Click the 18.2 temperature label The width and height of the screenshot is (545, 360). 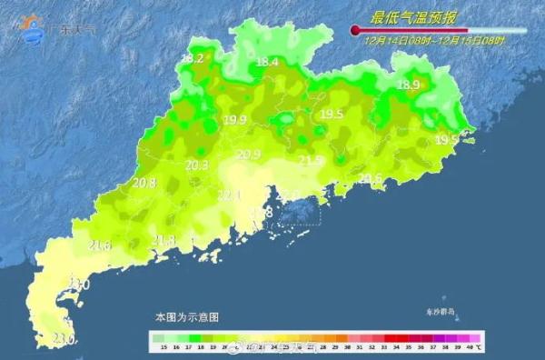tap(193, 59)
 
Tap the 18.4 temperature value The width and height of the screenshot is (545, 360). tap(267, 62)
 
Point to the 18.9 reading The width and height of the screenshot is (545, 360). tap(410, 85)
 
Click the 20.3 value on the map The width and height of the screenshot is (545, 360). tap(196, 165)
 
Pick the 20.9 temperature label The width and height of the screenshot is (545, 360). tap(249, 155)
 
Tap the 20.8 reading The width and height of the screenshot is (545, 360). tap(144, 183)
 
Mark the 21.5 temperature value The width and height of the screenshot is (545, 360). tap(311, 161)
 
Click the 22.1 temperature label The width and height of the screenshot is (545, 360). tap(230, 195)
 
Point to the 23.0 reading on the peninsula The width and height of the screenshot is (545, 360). tap(63, 339)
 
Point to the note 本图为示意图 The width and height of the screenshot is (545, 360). tap(187, 317)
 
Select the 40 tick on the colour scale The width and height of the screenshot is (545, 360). tap(466, 348)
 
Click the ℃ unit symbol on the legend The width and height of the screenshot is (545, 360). tap(479, 348)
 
